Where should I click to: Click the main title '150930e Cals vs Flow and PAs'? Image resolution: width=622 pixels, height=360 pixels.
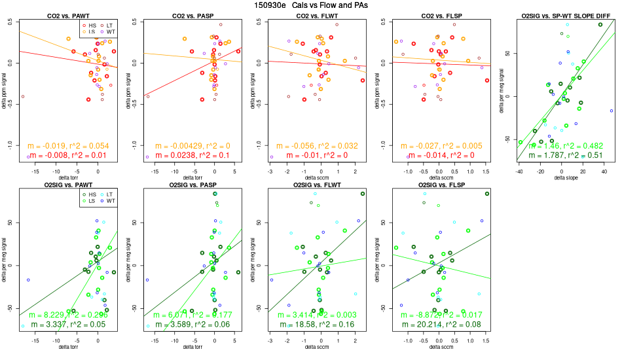pos(310,5)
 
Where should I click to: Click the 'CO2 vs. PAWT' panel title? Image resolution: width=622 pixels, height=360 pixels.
pos(68,15)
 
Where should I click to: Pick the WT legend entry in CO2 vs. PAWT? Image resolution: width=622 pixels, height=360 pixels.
pos(111,31)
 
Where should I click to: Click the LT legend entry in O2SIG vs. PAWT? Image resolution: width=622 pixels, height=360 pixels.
pos(111,195)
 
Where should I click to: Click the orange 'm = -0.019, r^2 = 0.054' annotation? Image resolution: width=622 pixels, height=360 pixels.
pos(68,146)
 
